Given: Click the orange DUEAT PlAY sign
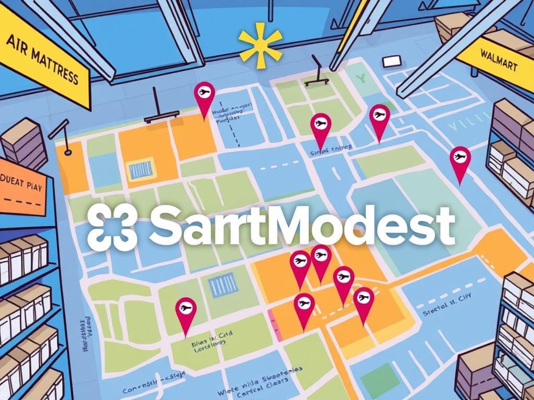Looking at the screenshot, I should [x=24, y=190].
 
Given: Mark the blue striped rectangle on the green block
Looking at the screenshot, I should [x=223, y=284].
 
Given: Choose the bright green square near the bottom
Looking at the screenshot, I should [x=383, y=375].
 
